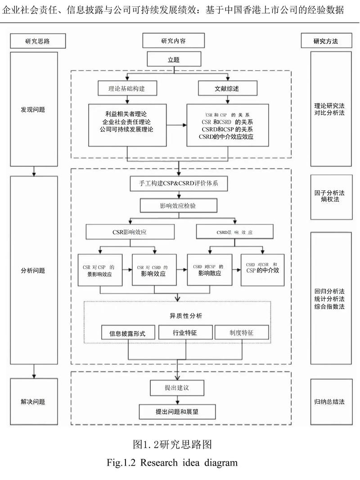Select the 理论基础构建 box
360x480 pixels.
tap(127, 89)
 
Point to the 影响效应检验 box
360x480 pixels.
tap(180, 206)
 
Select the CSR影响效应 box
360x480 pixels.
tap(130, 233)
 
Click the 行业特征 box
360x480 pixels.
tap(185, 333)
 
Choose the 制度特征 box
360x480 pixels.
tap(241, 333)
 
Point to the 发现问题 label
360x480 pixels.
tap(33, 109)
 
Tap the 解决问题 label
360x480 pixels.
tap(33, 402)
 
